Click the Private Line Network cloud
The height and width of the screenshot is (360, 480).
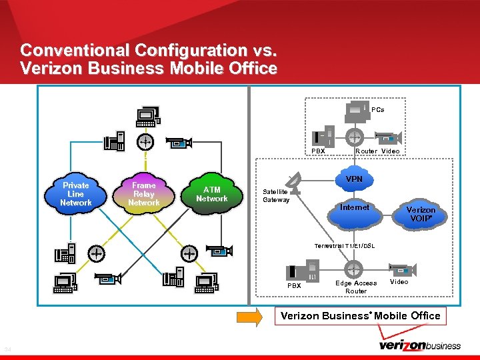click(75, 194)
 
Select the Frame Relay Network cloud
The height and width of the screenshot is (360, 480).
click(144, 194)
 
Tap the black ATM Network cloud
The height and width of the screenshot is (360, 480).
click(212, 194)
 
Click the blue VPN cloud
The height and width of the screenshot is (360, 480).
click(355, 179)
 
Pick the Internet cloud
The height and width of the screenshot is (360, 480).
click(354, 209)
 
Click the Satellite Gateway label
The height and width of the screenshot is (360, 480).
click(276, 195)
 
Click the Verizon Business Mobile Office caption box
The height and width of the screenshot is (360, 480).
click(361, 315)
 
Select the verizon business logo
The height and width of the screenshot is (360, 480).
click(419, 345)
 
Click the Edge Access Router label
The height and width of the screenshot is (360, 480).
click(356, 287)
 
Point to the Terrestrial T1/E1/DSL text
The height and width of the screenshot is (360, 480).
click(345, 246)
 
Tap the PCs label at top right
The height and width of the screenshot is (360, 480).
click(378, 109)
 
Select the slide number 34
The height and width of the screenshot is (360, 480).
click(8, 349)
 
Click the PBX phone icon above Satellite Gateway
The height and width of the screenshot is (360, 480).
click(326, 136)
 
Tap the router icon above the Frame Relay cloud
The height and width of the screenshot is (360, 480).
click(145, 141)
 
